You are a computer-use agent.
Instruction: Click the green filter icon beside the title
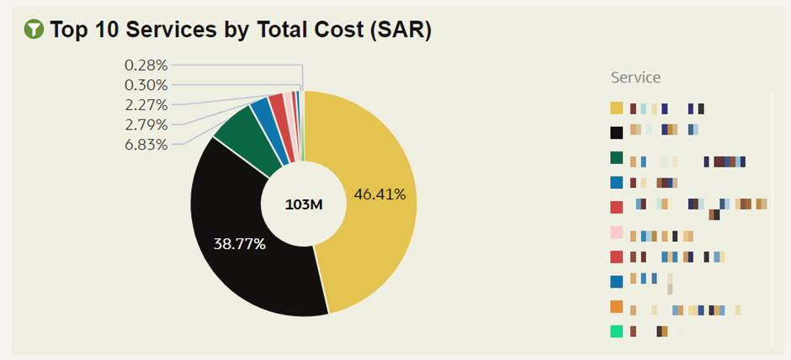click(x=35, y=30)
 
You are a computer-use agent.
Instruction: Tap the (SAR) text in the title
click(x=401, y=30)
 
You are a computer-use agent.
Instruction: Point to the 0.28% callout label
click(x=146, y=65)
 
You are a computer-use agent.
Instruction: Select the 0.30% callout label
click(x=146, y=85)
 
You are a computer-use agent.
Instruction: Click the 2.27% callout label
click(x=146, y=105)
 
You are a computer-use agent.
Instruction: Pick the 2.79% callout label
click(x=146, y=124)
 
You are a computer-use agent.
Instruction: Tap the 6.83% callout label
click(x=146, y=145)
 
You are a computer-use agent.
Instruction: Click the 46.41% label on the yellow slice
click(x=380, y=194)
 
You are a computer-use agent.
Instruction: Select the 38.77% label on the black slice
click(x=240, y=245)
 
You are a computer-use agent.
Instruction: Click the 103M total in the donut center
click(x=303, y=204)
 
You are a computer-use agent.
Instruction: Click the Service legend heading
click(x=635, y=77)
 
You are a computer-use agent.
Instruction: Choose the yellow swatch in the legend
click(x=617, y=109)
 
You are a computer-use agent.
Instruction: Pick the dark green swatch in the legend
click(x=617, y=157)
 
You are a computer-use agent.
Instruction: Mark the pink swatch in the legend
click(x=617, y=233)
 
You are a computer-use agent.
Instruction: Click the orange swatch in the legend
click(x=617, y=307)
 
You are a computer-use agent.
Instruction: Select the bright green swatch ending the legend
click(x=617, y=331)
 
